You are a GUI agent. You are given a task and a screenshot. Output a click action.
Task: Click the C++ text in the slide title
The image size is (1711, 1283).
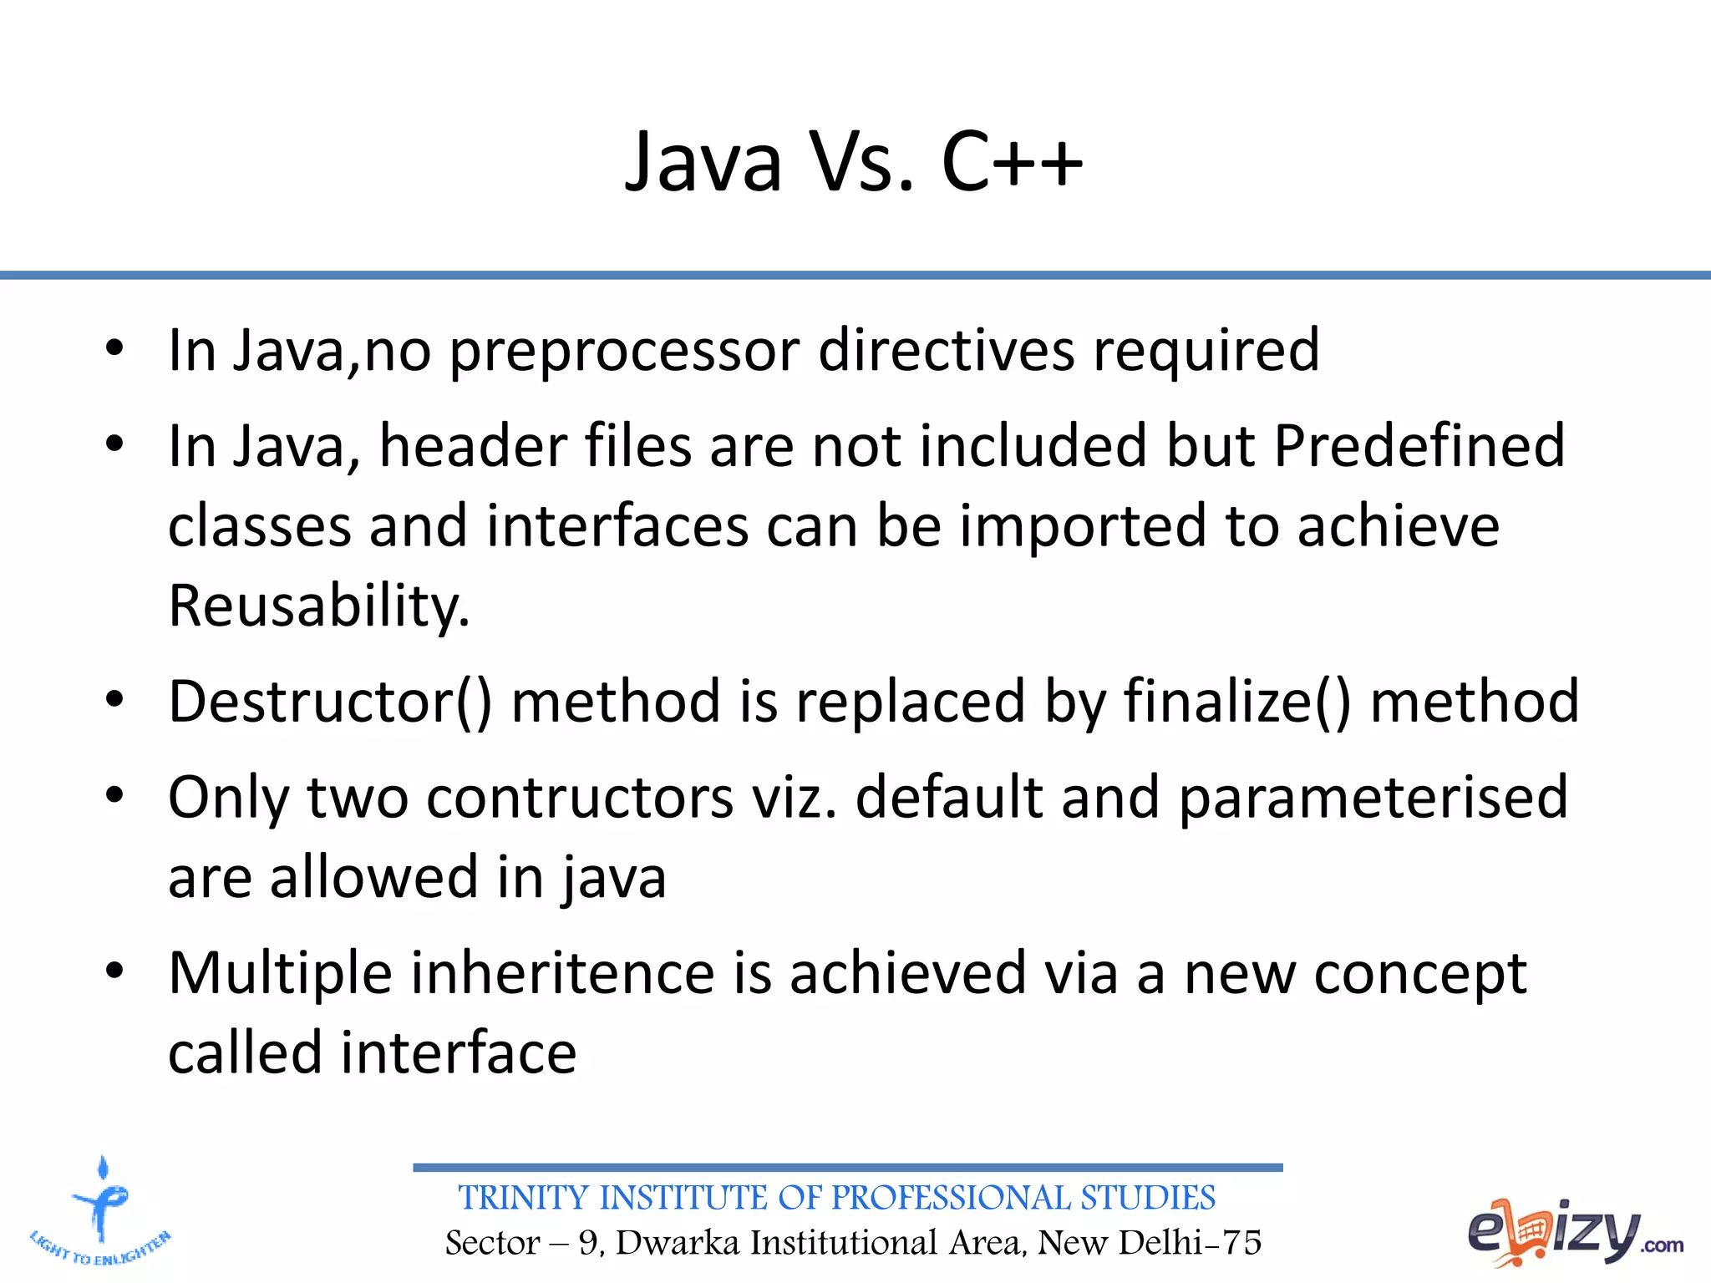click(x=1012, y=162)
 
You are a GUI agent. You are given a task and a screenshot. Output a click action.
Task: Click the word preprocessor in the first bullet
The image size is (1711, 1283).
click(x=624, y=351)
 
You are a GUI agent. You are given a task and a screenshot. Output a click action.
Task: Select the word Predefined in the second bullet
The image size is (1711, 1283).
click(x=1419, y=445)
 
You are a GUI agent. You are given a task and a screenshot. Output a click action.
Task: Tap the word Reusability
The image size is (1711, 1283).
click(x=319, y=606)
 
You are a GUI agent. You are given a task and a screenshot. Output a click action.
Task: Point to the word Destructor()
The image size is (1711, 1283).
click(x=330, y=702)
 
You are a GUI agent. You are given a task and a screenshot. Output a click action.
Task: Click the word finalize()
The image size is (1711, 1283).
click(x=1236, y=702)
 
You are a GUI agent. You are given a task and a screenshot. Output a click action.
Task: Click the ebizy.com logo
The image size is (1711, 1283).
click(x=1575, y=1233)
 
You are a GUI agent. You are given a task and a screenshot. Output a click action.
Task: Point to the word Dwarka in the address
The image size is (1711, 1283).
click(x=678, y=1243)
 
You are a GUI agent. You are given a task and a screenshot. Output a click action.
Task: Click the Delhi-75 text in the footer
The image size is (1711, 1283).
click(x=1190, y=1243)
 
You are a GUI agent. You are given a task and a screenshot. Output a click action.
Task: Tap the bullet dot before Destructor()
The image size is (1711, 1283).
click(x=114, y=700)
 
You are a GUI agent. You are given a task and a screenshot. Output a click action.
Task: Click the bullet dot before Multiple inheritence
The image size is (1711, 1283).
click(x=114, y=971)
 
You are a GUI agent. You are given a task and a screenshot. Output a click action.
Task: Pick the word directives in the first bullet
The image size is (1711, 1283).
click(x=946, y=351)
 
